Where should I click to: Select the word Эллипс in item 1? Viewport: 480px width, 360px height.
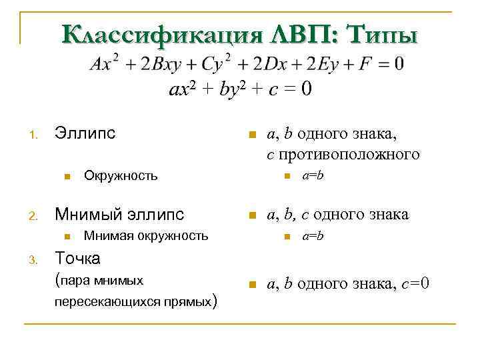85,133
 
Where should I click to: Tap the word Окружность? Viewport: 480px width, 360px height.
121,176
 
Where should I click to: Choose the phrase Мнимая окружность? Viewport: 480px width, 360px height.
146,235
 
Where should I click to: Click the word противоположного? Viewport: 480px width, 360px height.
351,155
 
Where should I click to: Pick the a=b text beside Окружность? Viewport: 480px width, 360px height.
313,176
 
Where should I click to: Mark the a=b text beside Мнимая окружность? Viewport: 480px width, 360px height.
313,235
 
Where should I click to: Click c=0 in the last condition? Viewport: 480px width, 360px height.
417,284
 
